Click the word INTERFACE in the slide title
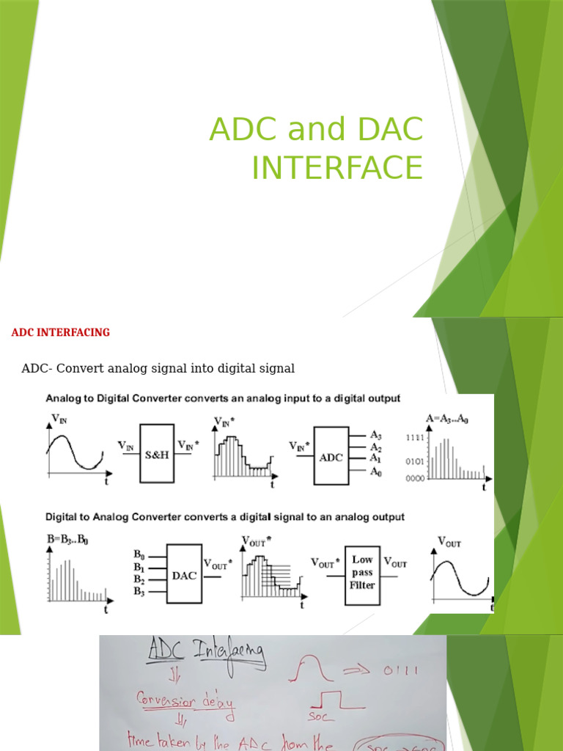coord(337,167)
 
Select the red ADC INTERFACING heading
coord(60,332)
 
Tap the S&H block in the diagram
coord(157,454)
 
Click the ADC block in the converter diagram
coord(331,455)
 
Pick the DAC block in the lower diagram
coord(184,576)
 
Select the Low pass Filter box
coord(362,573)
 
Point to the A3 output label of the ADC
coord(376,435)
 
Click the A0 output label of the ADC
coord(376,472)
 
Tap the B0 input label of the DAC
coord(139,555)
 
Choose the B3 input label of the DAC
coord(139,591)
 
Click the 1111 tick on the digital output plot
coord(414,438)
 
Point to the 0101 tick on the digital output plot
coord(414,461)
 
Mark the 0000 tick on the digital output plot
coord(414,477)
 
